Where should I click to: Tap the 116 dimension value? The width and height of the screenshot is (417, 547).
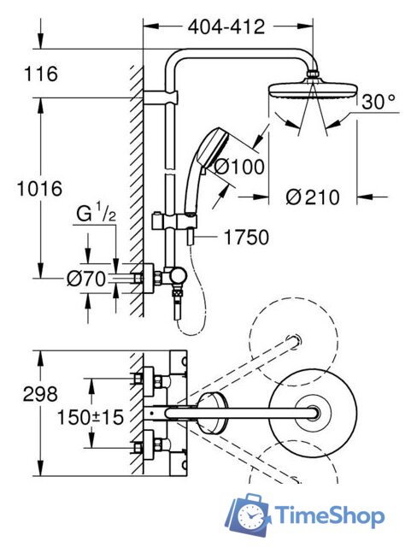(x=41, y=75)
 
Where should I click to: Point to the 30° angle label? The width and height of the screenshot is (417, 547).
(x=379, y=103)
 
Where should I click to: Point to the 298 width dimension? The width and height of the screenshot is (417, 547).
(x=41, y=394)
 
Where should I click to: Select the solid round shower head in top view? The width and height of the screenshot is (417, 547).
(x=303, y=413)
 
